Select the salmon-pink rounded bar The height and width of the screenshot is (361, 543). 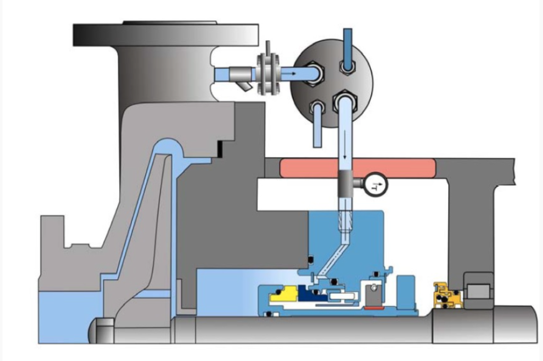(357, 167)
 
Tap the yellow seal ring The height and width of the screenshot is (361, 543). (284, 294)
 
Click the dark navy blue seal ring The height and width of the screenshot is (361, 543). (313, 293)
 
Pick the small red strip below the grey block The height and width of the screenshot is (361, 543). (374, 307)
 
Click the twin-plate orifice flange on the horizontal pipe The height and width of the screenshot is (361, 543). (268, 73)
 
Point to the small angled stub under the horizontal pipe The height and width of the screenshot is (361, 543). (245, 87)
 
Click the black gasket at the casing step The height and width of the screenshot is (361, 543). (220, 149)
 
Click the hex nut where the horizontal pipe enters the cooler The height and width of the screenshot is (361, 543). (314, 73)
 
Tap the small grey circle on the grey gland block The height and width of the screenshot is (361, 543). (373, 287)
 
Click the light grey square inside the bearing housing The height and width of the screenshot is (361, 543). (478, 291)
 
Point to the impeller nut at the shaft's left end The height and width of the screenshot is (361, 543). (103, 330)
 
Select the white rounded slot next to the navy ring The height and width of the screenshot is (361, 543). (341, 296)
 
